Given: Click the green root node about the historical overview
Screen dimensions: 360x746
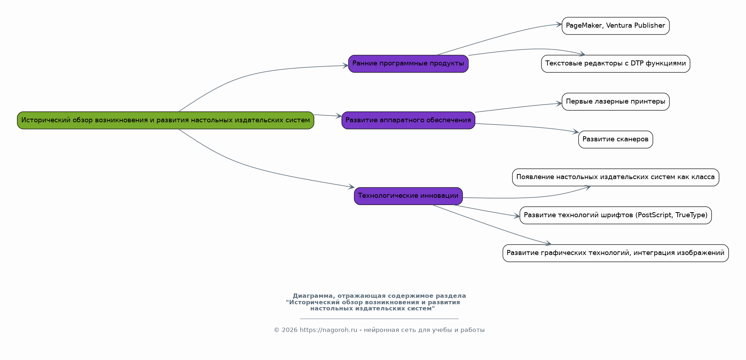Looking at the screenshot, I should tap(165, 120).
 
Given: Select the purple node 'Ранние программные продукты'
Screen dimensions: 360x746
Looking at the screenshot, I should tap(408, 64).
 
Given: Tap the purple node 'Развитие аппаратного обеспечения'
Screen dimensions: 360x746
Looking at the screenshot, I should tap(408, 120).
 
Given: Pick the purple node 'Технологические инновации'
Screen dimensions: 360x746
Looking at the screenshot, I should tap(408, 196).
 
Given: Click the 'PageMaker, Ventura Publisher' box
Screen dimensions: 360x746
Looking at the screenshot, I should tap(615, 26).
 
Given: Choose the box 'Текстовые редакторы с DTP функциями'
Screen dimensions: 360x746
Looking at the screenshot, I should tap(615, 64).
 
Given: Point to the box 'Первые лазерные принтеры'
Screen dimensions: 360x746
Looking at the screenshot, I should tap(615, 102).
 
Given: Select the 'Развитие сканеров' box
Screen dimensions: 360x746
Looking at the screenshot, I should tap(615, 140).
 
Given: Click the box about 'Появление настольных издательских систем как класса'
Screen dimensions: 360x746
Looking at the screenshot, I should tap(615, 177).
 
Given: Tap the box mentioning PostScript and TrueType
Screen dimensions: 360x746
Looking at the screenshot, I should tap(615, 215).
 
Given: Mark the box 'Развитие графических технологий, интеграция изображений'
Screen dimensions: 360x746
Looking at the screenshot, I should tap(615, 253).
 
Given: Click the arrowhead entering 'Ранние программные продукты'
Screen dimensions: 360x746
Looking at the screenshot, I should tap(345, 65).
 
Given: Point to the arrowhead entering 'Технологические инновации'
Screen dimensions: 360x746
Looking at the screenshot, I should tap(352, 187).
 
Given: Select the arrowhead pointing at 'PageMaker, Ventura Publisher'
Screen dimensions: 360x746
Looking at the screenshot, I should tap(559, 24).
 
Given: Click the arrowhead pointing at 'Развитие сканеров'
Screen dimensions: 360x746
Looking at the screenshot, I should tap(576, 132).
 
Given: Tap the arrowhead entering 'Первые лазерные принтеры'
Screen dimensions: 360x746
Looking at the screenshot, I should tap(559, 104).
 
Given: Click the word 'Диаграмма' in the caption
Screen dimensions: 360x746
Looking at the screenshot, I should tap(313, 296).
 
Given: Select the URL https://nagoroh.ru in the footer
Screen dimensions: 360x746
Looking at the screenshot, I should tap(328, 330).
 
